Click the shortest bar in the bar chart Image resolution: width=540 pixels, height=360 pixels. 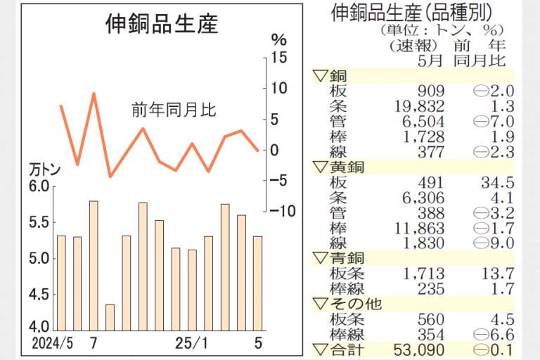point(110,316)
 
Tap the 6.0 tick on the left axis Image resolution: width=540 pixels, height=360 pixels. point(40,186)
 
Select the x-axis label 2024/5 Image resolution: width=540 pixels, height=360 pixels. point(52,345)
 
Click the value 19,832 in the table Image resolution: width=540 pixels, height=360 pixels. point(420,105)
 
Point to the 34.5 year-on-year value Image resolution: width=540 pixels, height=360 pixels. point(497,183)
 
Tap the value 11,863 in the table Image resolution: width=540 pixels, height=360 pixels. point(420,228)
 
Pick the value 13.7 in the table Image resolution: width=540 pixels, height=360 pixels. point(497,274)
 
